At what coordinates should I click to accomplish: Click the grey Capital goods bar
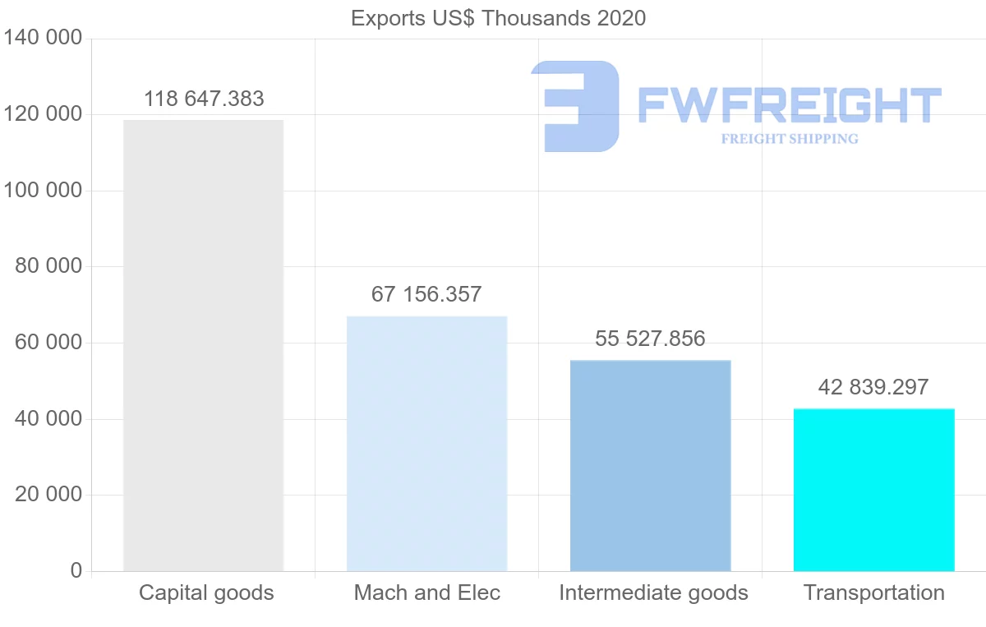click(x=204, y=345)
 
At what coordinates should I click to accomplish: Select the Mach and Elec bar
click(x=426, y=444)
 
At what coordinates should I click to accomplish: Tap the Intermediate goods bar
click(x=650, y=465)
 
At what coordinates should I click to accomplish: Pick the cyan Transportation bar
click(x=873, y=490)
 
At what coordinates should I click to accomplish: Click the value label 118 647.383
click(x=204, y=99)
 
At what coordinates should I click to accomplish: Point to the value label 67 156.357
click(x=426, y=295)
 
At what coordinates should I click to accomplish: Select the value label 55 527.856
click(x=650, y=339)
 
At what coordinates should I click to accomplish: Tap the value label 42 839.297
click(x=873, y=387)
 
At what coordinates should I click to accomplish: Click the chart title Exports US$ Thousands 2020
click(x=498, y=18)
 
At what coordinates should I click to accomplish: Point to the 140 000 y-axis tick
click(x=43, y=38)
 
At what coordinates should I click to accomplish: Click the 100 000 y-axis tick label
click(x=43, y=191)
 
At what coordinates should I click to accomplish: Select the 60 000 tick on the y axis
click(x=49, y=343)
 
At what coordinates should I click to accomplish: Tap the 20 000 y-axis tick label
click(x=49, y=495)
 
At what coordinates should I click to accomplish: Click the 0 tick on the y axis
click(x=76, y=570)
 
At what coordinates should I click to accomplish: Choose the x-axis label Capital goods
click(x=206, y=592)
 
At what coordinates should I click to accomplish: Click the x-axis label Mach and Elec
click(x=426, y=592)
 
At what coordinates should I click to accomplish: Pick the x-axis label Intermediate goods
click(x=653, y=592)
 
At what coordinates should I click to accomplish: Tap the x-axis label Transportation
click(x=873, y=592)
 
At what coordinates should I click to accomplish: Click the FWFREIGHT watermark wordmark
click(x=789, y=105)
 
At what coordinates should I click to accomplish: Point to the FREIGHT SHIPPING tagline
click(x=789, y=139)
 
